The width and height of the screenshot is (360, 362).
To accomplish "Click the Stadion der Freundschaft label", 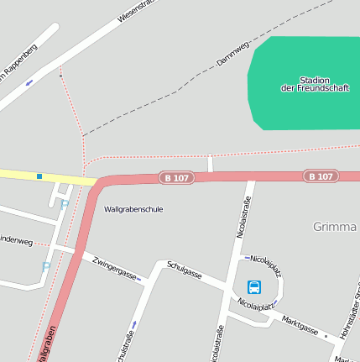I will pos(301,84).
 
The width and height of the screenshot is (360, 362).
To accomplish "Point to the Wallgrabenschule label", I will pos(133,209).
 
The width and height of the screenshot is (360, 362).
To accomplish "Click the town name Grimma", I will pos(335,227).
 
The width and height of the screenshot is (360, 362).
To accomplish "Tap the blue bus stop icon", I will pos(254,287).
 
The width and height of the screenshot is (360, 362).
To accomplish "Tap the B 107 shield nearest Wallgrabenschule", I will pos(177,178).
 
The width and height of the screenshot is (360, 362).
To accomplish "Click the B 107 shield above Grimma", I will pos(321,176).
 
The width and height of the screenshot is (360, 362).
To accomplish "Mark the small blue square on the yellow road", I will pos(39,176).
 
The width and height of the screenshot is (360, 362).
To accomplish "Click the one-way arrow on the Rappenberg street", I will pos(29,82).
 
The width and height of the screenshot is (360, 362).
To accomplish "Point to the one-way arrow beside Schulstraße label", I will pos(133,324).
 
